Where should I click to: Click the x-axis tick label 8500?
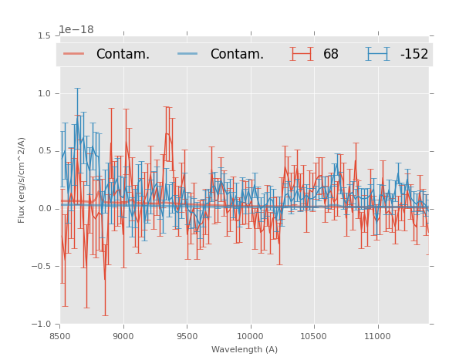pyautogui.click(x=60, y=336)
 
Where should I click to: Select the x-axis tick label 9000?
pyautogui.click(x=123, y=336)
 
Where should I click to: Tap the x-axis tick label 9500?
pyautogui.click(x=187, y=336)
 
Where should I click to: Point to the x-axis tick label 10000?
pyautogui.click(x=250, y=336)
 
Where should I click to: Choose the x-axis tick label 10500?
pyautogui.click(x=314, y=336)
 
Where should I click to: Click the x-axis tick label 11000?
pyautogui.click(x=377, y=336)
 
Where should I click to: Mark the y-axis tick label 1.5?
pyautogui.click(x=44, y=36)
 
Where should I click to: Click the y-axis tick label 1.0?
pyautogui.click(x=44, y=93)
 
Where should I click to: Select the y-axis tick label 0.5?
pyautogui.click(x=44, y=151)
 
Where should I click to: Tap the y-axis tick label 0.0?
pyautogui.click(x=44, y=209)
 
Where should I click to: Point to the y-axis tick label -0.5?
pyautogui.click(x=42, y=267)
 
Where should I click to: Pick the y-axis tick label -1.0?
pyautogui.click(x=42, y=325)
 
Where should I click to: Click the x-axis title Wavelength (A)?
pyautogui.click(x=245, y=350)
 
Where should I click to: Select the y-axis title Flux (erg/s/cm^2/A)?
pyautogui.click(x=22, y=180)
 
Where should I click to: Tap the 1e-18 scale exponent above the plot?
pyautogui.click(x=76, y=30)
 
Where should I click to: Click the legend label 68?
pyautogui.click(x=331, y=54)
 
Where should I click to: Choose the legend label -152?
pyautogui.click(x=414, y=54)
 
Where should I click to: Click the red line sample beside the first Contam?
pyautogui.click(x=74, y=54)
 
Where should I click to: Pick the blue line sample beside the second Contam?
pyautogui.click(x=188, y=54)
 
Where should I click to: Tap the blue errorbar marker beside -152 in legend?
pyautogui.click(x=378, y=54)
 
